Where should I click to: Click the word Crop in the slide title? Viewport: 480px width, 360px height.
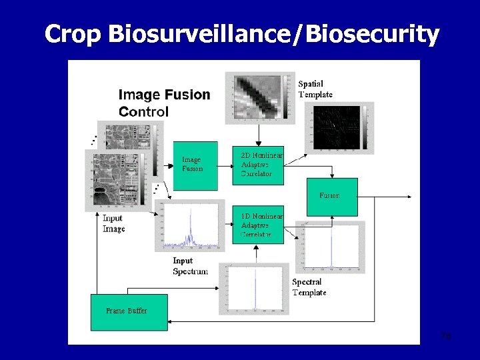(73, 33)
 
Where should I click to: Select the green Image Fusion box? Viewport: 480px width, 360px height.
(195, 165)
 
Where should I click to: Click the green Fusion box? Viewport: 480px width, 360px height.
(331, 197)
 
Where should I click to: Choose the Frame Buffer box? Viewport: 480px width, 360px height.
(129, 311)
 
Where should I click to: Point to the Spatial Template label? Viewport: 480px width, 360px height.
(315, 89)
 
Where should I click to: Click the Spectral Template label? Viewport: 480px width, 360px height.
(309, 287)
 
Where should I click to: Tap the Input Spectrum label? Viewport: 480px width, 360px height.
(190, 266)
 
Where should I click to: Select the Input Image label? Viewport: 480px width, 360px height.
(114, 224)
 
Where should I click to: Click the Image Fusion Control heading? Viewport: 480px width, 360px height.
(164, 103)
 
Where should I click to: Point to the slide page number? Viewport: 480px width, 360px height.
(446, 336)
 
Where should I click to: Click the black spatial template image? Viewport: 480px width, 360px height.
(339, 127)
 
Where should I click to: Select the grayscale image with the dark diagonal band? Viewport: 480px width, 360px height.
(259, 97)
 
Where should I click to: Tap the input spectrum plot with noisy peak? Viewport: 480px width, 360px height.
(189, 227)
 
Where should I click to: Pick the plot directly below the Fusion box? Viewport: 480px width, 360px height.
(331, 246)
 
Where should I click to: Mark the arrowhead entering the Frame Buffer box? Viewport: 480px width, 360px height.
(171, 322)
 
